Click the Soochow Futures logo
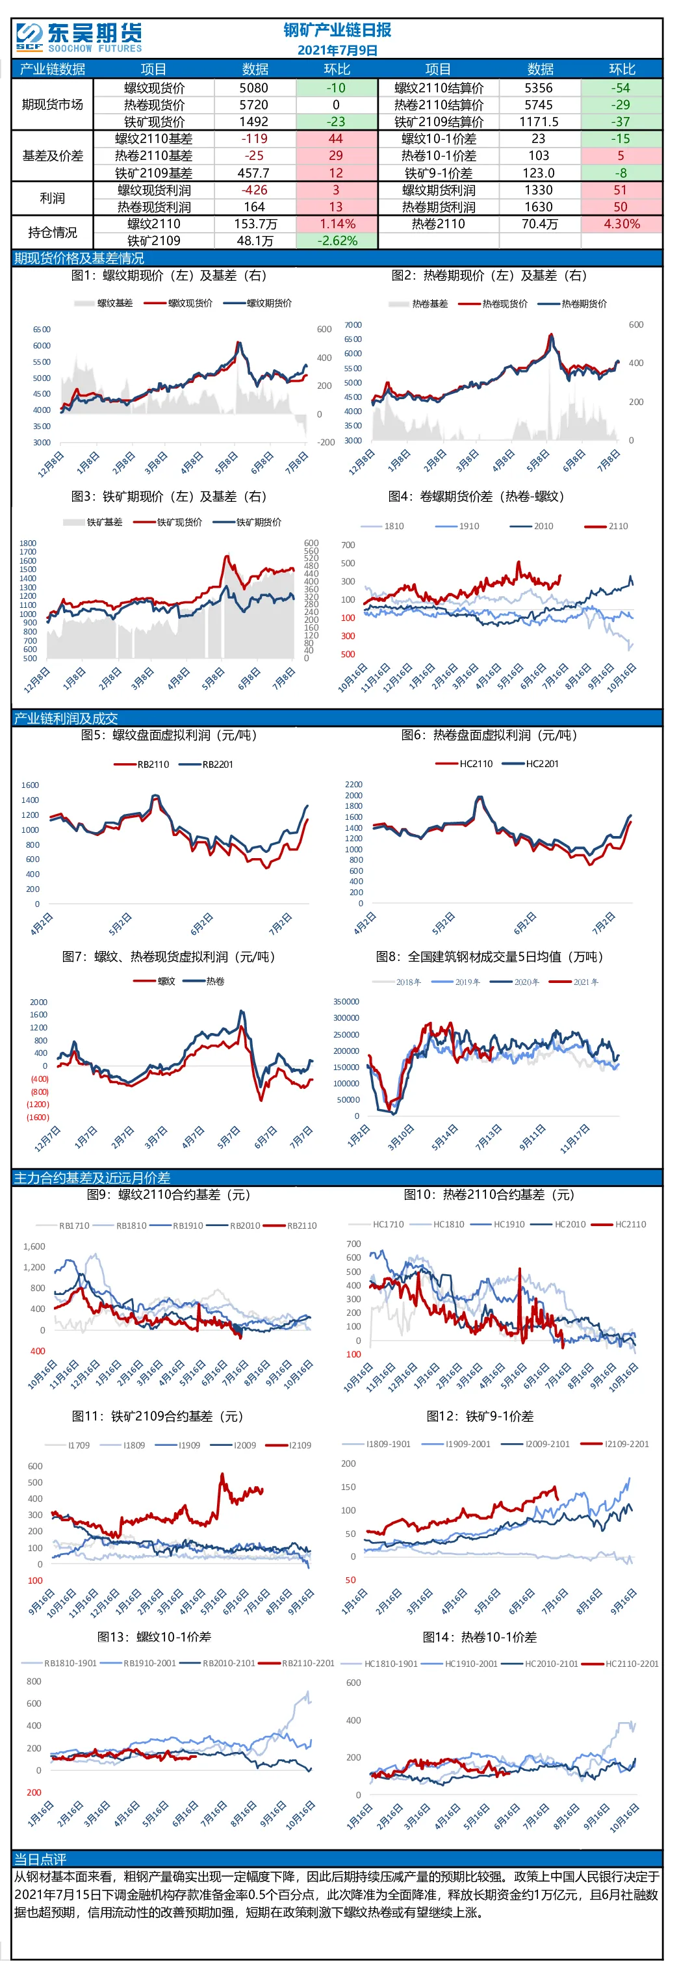[x=79, y=37]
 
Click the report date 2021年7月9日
[x=337, y=50]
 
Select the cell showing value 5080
[x=253, y=88]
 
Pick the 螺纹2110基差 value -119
[x=253, y=138]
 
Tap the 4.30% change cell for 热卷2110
[x=621, y=224]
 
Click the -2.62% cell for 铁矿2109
[x=336, y=241]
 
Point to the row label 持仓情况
[x=53, y=232]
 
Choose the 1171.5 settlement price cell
[x=540, y=122]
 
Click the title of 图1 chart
[x=169, y=276]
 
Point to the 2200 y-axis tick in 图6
[x=354, y=785]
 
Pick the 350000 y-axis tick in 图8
[x=346, y=1002]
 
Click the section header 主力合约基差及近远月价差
[x=92, y=1177]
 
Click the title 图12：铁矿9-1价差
[x=480, y=1416]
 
